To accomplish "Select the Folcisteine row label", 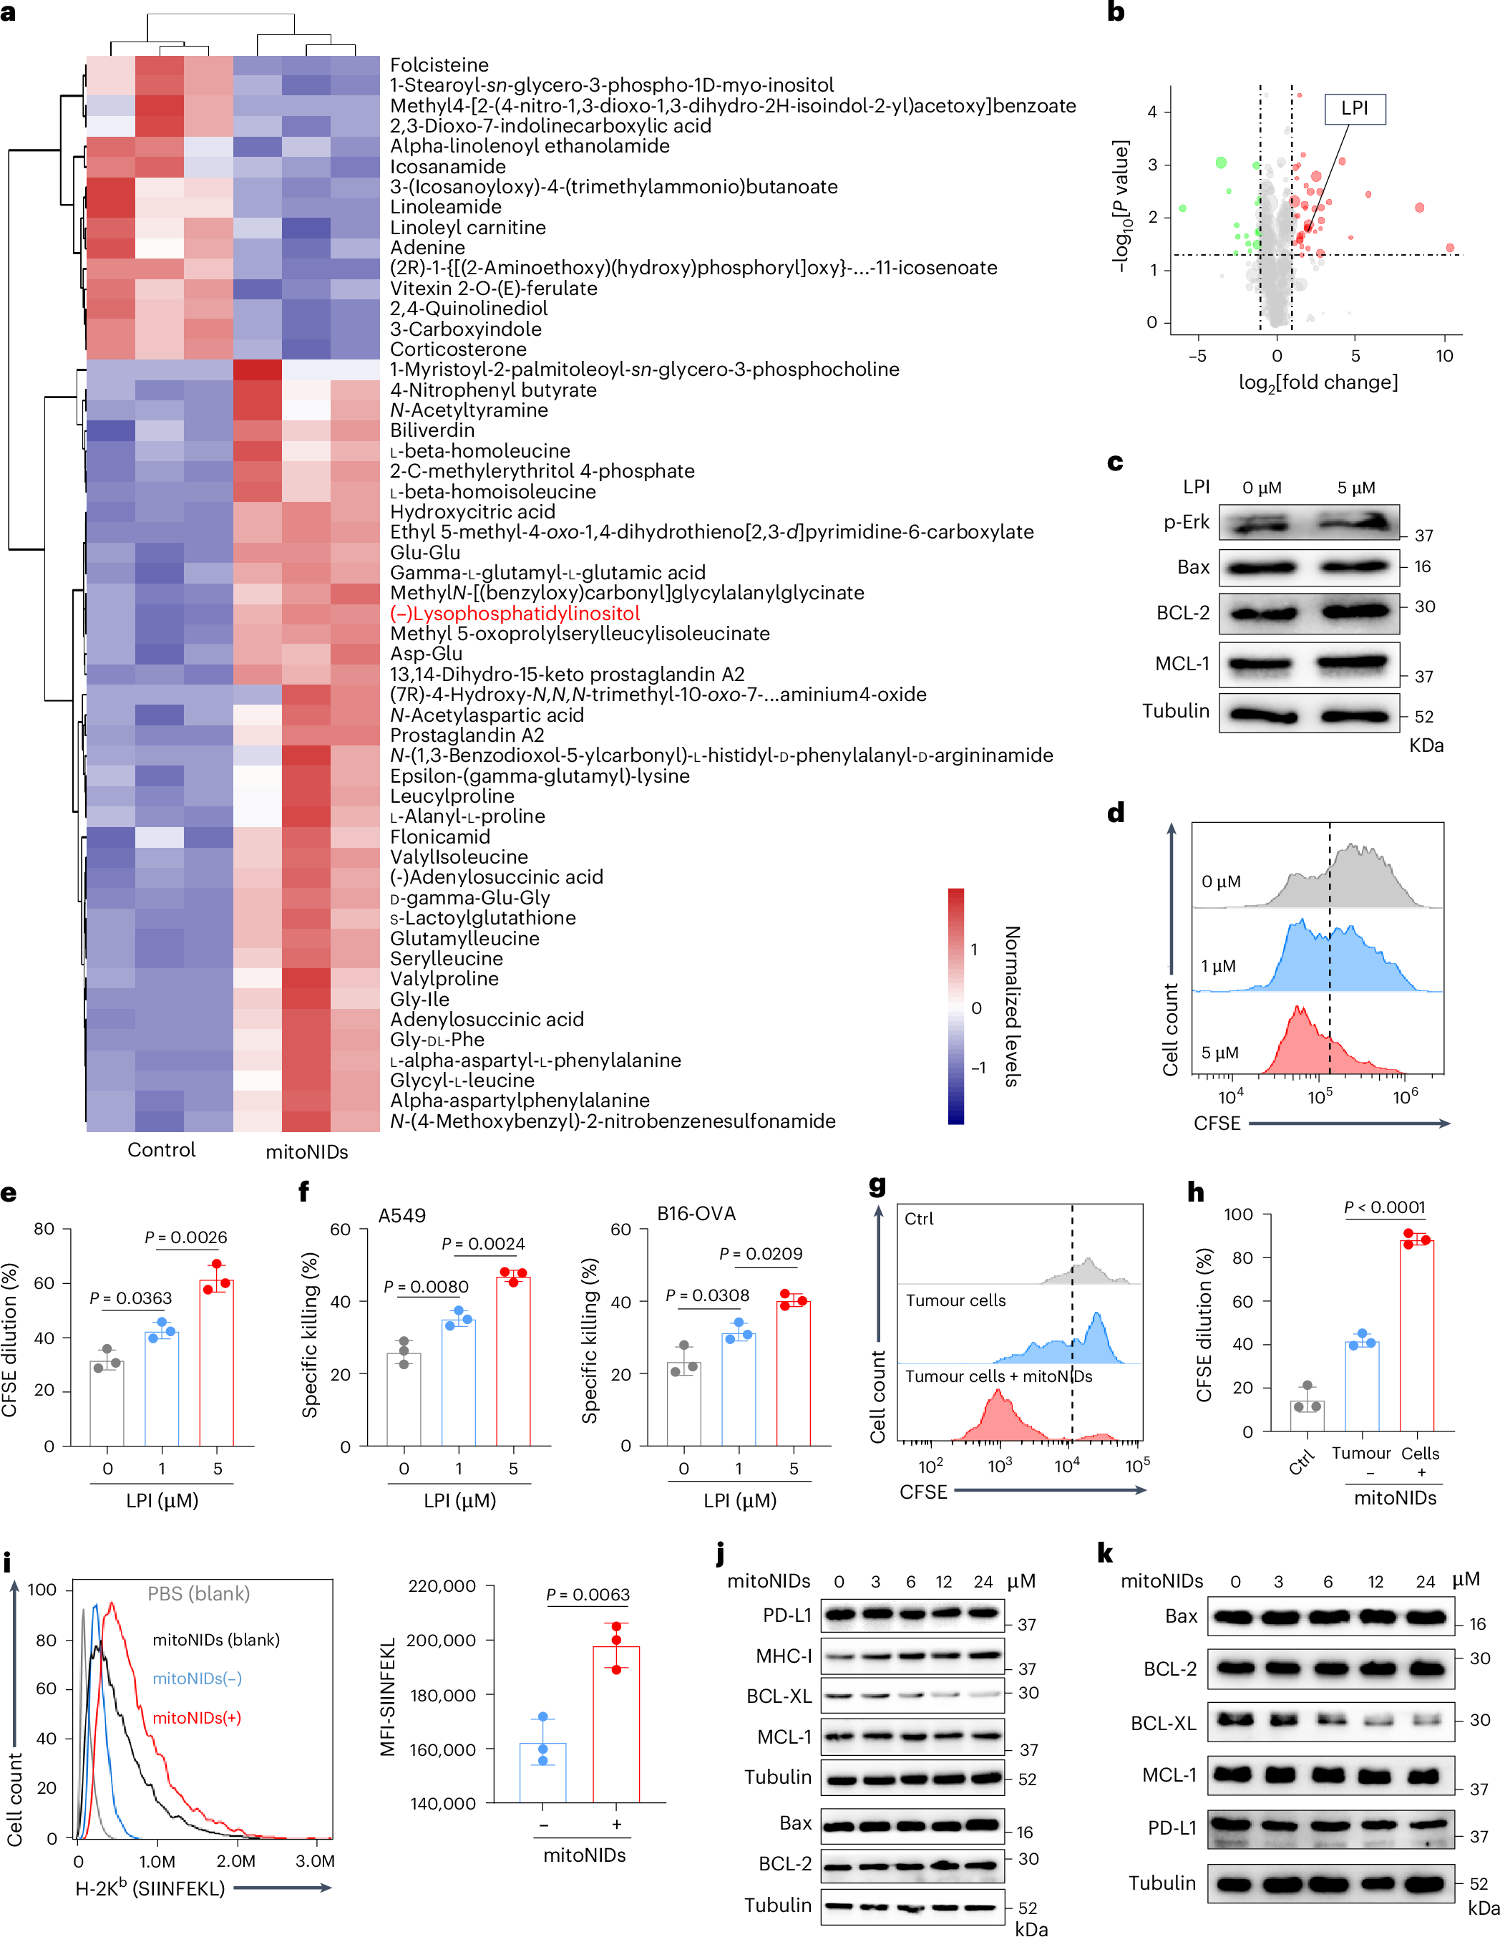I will (x=439, y=64).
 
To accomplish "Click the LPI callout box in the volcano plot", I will (x=1354, y=109).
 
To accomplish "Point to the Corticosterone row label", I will (x=457, y=349).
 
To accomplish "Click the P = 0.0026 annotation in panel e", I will (x=185, y=1237).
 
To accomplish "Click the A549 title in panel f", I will (x=401, y=1215).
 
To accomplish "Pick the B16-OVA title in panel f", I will (x=696, y=1213).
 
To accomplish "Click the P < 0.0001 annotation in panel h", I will (x=1384, y=1207).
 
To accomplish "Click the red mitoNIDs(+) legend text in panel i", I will (x=196, y=1718).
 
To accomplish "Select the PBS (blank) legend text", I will (x=198, y=1594).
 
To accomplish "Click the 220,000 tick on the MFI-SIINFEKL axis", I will (x=442, y=1586).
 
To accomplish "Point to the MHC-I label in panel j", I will (x=784, y=1656).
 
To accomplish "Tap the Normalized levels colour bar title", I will (x=1011, y=1006).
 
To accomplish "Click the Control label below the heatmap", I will (x=161, y=1150).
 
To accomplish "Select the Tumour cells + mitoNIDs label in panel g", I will (x=998, y=1376).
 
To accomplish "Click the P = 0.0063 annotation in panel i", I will (x=588, y=1595).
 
